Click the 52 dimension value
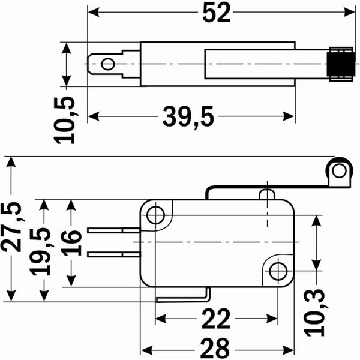tap(217, 13)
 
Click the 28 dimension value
tap(217, 347)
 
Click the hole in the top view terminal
tap(108, 64)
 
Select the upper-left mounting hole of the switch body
tap(156, 214)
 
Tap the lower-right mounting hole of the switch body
tap(277, 271)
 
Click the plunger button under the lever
tap(267, 194)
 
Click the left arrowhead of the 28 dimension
tap(145, 349)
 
